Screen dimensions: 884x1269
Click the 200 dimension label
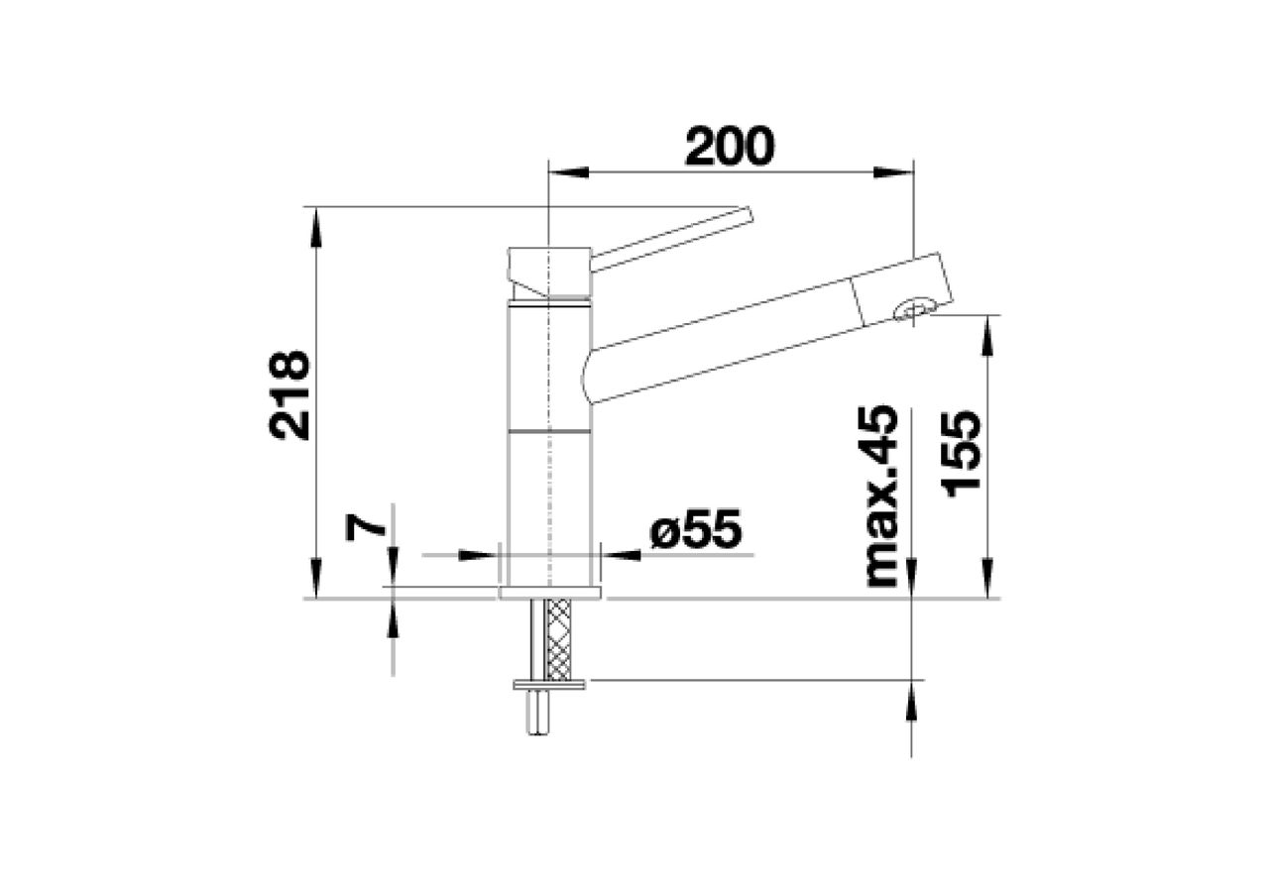(729, 148)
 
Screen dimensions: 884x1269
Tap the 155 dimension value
(961, 453)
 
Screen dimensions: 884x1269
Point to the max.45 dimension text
(881, 497)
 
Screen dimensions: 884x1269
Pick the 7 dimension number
(366, 525)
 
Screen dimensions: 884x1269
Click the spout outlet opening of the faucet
(912, 310)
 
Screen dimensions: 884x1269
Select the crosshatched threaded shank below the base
(559, 639)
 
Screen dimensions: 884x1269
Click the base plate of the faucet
(549, 593)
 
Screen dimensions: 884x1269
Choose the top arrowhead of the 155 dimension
(986, 333)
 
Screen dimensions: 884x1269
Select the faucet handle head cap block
(548, 270)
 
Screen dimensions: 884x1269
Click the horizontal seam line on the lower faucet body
(549, 432)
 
